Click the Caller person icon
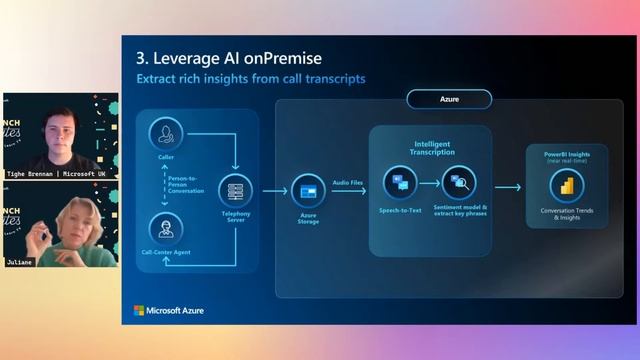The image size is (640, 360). (164, 134)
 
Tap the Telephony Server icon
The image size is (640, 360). (236, 187)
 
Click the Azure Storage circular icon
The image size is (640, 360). (307, 188)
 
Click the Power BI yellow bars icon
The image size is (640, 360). (567, 186)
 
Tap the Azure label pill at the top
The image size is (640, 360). (449, 100)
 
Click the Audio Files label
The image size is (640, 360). (348, 181)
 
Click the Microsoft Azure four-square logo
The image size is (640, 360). (140, 311)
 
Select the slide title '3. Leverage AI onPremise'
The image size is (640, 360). (229, 58)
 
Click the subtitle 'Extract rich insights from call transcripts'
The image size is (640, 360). (251, 78)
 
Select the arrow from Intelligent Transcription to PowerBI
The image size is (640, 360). (508, 187)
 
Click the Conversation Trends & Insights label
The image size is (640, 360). (567, 214)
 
